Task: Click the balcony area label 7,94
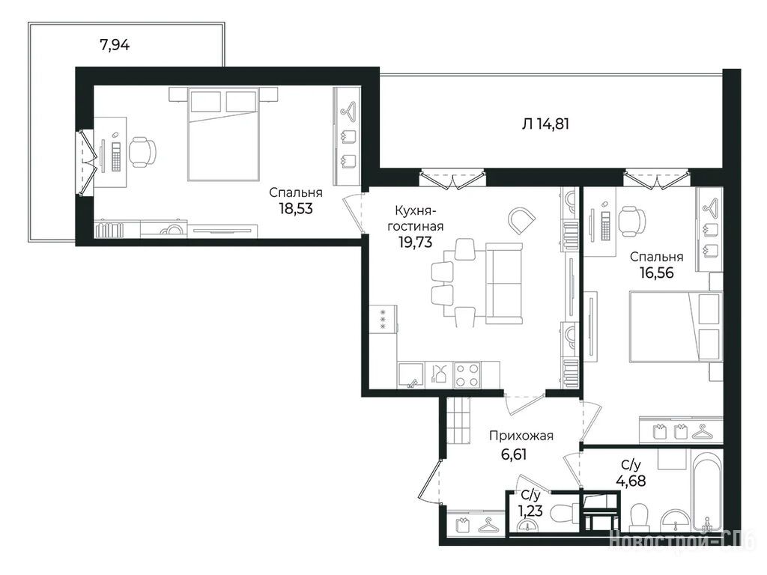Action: pos(115,45)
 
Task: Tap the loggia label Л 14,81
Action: pos(545,124)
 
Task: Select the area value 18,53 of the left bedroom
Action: pos(295,209)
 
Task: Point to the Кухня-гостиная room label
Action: pos(415,219)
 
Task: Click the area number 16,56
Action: pos(656,273)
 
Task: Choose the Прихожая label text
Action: pos(521,436)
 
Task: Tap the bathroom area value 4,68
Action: pos(631,481)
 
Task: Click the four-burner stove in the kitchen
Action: pos(467,375)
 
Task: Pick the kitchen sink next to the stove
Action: pos(411,375)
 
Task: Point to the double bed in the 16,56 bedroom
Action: pos(676,326)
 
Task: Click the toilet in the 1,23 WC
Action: pos(563,514)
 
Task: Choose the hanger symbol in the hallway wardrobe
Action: pos(487,525)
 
